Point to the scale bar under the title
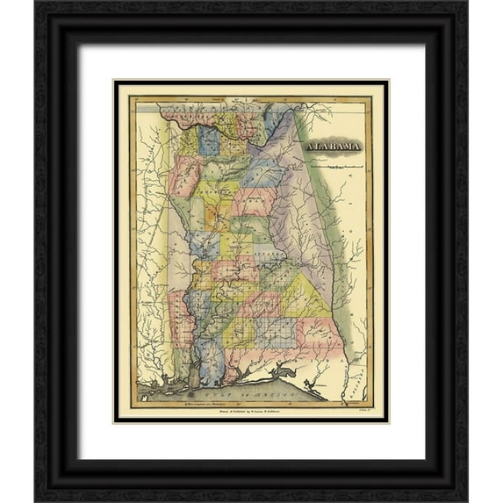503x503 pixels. pyautogui.click(x=335, y=164)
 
